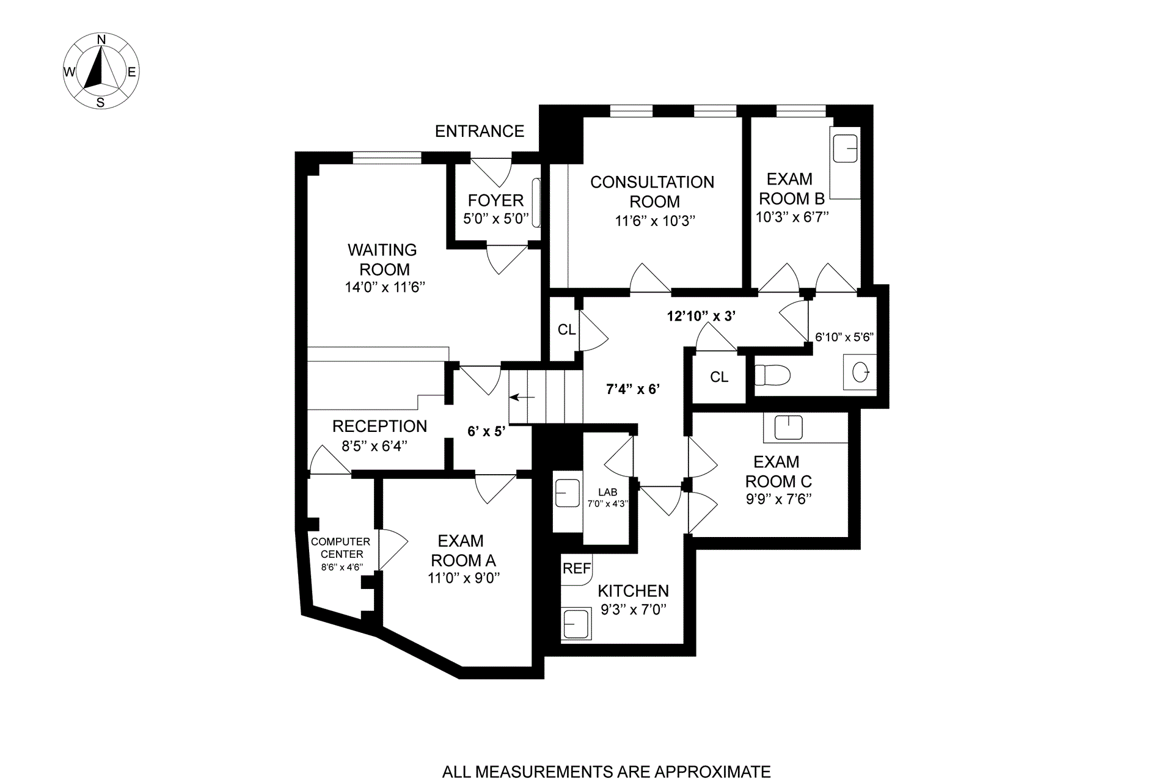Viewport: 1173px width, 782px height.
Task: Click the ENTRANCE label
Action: point(479,131)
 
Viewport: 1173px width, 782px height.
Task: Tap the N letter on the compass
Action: point(102,40)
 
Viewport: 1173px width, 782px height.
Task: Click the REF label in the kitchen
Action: point(576,569)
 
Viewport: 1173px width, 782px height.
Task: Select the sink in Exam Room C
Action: point(788,427)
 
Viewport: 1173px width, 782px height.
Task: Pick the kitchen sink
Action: point(576,624)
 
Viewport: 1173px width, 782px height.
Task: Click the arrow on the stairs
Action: point(522,397)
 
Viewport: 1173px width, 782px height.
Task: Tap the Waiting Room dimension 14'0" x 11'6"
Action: point(384,287)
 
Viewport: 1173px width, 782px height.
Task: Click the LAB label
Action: point(607,492)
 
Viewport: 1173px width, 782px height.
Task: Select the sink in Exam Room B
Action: point(845,148)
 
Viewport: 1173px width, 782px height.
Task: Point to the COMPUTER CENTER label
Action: point(341,547)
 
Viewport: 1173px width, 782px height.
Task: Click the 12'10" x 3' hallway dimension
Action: point(701,316)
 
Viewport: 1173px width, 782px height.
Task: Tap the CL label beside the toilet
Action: point(719,377)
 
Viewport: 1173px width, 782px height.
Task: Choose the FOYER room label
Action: point(495,200)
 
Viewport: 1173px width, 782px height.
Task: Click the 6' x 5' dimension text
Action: point(486,431)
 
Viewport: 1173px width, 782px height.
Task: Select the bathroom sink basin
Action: point(860,371)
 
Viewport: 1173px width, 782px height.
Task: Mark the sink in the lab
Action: point(567,493)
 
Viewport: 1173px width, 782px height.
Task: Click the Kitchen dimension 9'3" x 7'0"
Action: point(633,609)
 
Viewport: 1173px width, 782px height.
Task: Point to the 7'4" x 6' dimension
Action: point(633,389)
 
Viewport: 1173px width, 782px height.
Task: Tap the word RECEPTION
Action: point(379,426)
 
